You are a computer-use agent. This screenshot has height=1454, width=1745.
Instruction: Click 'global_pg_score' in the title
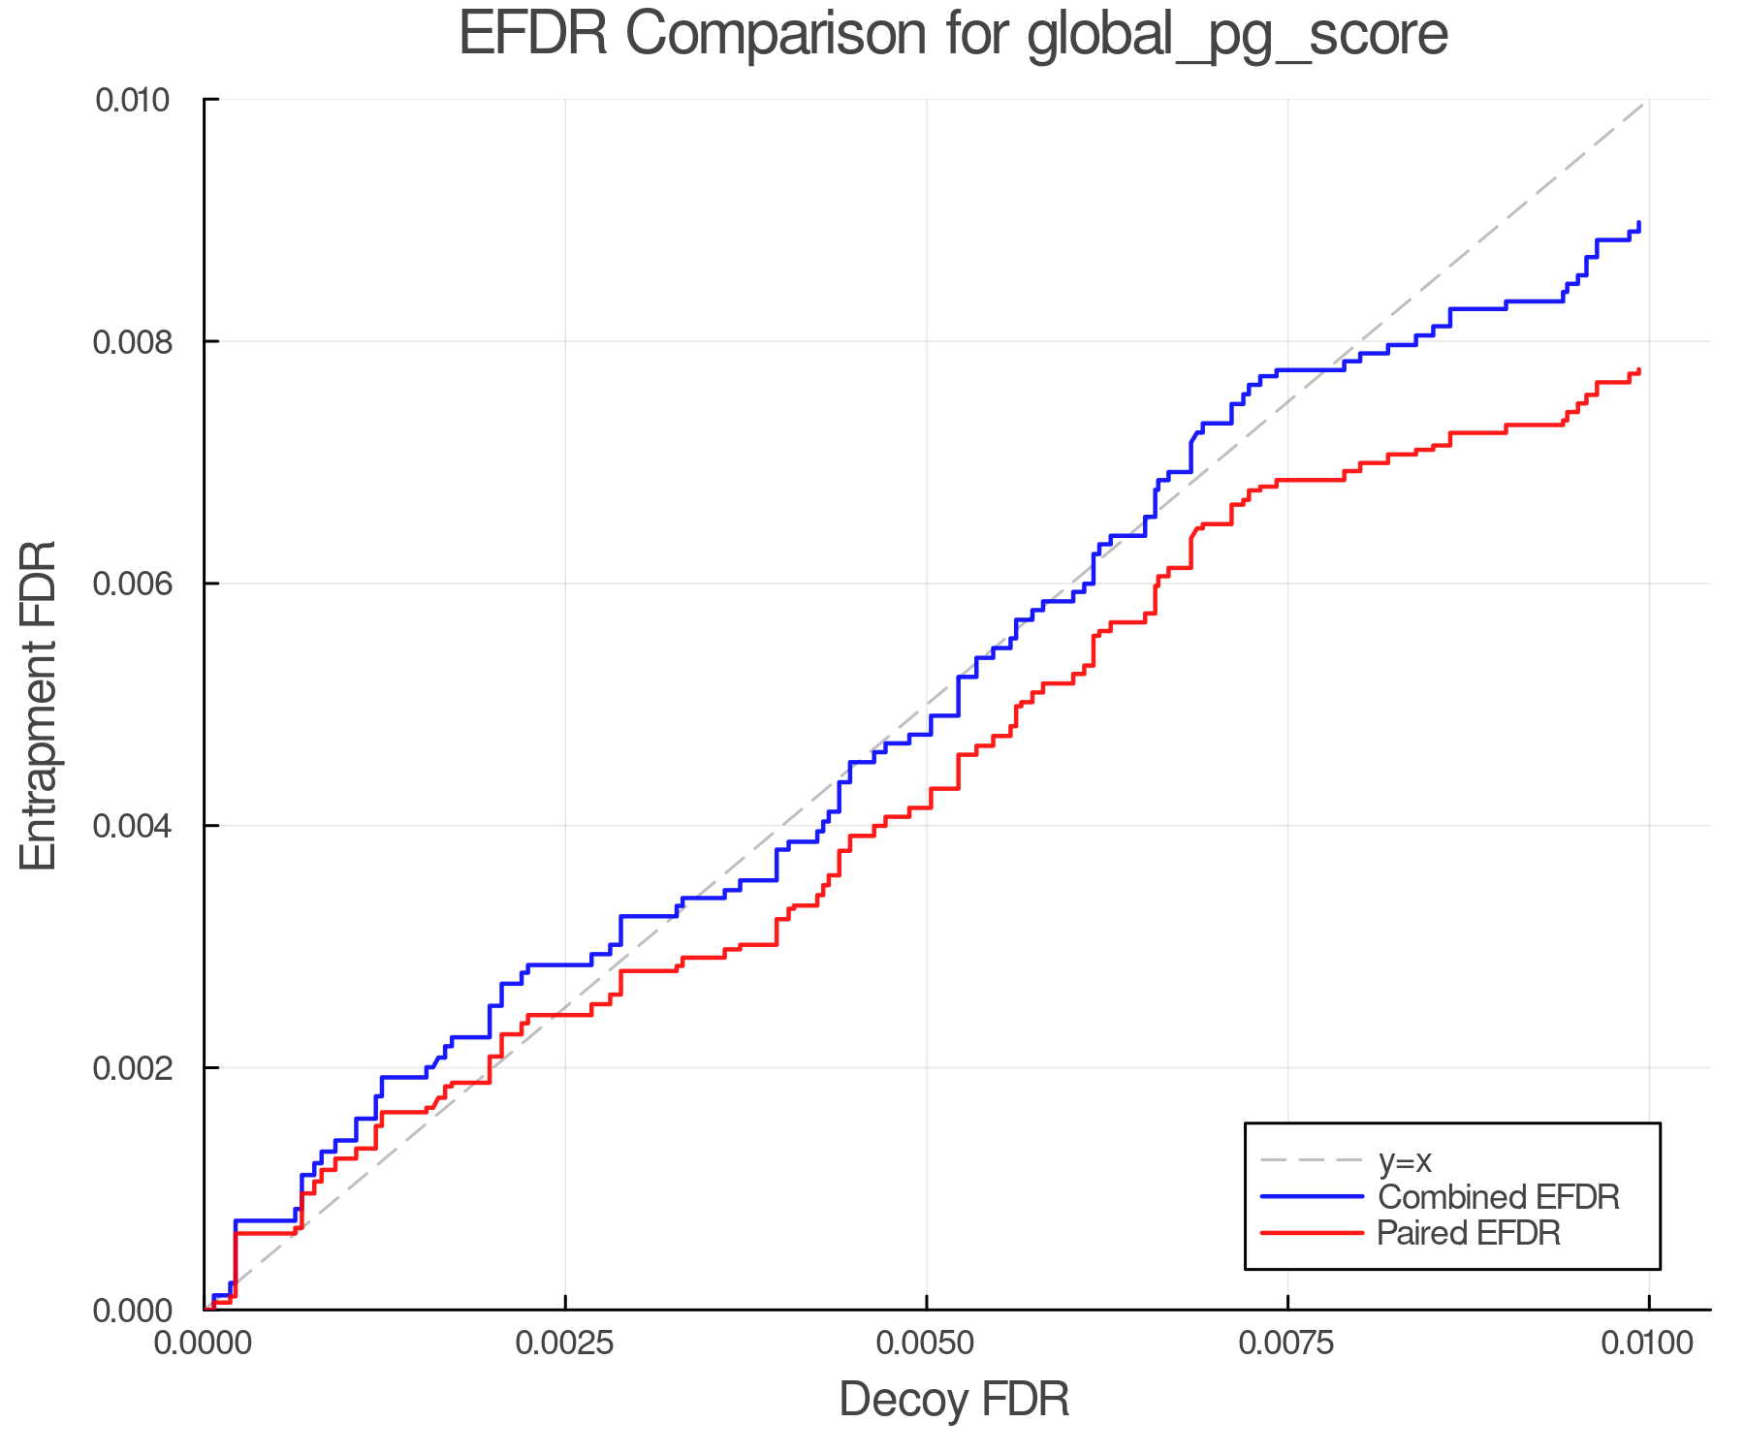click(x=1236, y=35)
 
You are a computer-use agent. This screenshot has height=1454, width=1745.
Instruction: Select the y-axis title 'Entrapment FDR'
click(x=39, y=705)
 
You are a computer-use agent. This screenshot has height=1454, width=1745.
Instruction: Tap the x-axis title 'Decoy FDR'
click(x=954, y=1399)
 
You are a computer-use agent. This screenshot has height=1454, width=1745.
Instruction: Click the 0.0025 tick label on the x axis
click(x=565, y=1343)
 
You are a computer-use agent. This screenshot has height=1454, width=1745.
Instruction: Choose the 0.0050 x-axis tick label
click(x=927, y=1343)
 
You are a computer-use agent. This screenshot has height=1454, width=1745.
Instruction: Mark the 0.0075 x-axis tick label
click(x=1287, y=1343)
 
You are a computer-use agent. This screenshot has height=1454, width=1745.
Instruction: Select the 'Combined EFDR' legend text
click(x=1499, y=1197)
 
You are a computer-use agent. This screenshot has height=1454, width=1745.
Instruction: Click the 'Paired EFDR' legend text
click(x=1469, y=1233)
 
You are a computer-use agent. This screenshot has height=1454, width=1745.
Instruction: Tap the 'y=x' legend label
click(x=1405, y=1160)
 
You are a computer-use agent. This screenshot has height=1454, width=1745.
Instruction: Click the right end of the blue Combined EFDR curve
click(x=1638, y=224)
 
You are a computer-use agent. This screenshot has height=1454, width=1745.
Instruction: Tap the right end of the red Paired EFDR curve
click(x=1638, y=370)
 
